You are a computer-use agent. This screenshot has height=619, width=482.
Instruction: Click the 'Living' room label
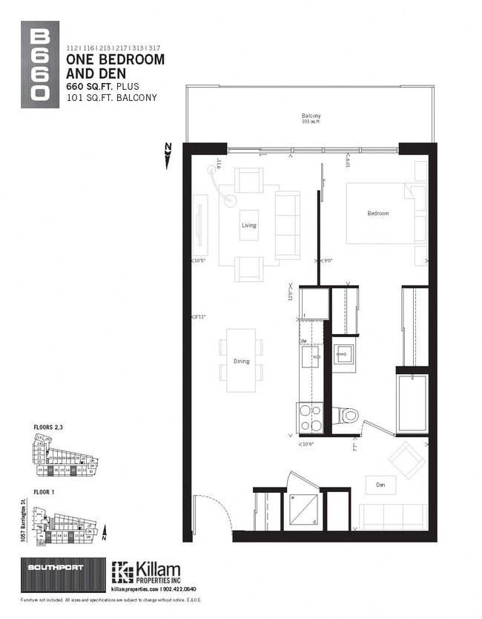(x=249, y=226)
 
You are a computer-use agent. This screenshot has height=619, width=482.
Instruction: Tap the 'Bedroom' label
(x=378, y=214)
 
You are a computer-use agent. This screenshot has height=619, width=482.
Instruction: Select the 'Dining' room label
(x=242, y=361)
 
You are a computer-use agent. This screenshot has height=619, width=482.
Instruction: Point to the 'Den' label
(x=380, y=485)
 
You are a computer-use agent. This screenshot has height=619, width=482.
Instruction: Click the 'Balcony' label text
(x=311, y=117)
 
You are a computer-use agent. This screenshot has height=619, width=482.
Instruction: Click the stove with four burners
(x=310, y=417)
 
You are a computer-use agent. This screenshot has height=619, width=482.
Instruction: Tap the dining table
(x=241, y=360)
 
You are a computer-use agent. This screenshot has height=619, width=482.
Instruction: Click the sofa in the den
(x=392, y=517)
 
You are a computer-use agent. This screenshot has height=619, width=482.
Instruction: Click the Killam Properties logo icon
(x=122, y=572)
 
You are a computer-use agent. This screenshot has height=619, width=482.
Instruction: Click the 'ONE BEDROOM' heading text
(x=115, y=59)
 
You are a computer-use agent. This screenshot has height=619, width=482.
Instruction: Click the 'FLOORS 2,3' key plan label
(x=50, y=428)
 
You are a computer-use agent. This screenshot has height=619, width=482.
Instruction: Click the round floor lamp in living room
(x=230, y=200)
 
